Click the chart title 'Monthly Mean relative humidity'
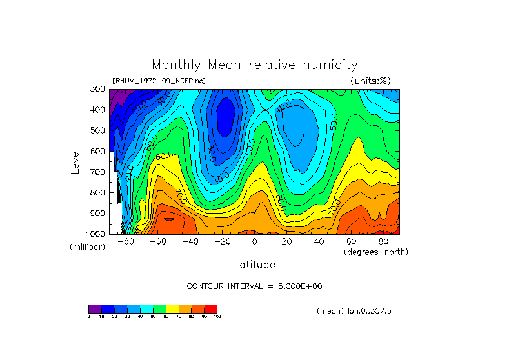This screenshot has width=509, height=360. [x=254, y=65]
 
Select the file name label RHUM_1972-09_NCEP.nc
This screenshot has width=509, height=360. [x=159, y=81]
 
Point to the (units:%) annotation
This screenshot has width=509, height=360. [x=370, y=81]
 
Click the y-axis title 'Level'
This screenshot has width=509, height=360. [x=75, y=161]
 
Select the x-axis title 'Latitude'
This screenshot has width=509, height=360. [x=254, y=265]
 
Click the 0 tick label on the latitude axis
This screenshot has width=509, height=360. [x=255, y=242]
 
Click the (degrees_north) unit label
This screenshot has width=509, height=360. [x=376, y=252]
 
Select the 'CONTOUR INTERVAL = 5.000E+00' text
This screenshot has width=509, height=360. [x=254, y=286]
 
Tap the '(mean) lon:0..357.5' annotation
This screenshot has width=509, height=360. [x=354, y=311]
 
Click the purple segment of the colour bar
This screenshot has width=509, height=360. [x=95, y=308]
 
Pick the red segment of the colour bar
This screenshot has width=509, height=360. [x=211, y=308]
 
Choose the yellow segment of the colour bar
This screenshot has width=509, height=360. [x=172, y=308]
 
